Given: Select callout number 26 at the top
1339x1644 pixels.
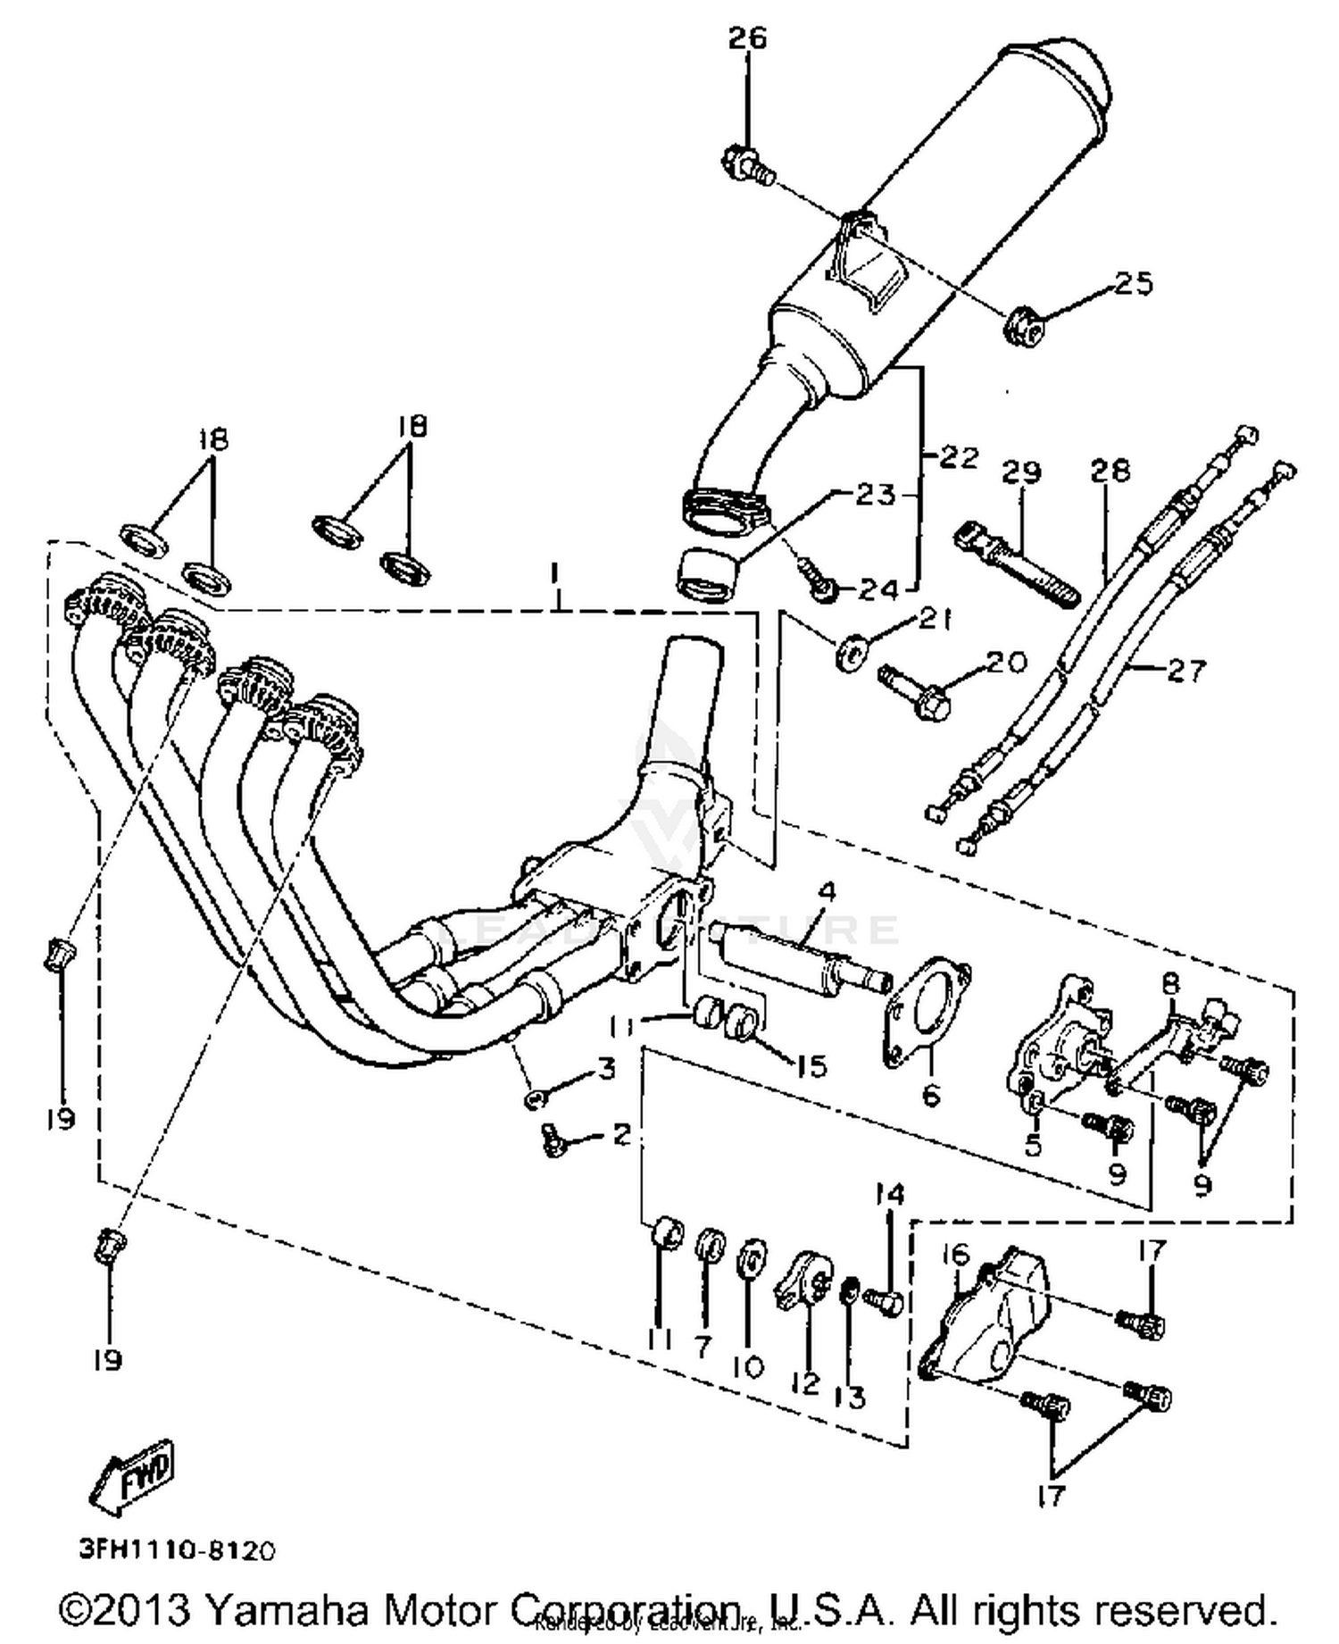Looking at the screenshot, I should pos(747,38).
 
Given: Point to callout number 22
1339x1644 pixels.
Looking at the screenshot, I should pos(959,457).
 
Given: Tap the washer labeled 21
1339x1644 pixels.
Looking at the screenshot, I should pos(849,652).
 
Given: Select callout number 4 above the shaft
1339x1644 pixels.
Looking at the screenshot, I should pos(828,891).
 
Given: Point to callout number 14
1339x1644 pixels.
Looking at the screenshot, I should pos(889,1194).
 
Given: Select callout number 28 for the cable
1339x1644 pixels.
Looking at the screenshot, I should pos(1110,470).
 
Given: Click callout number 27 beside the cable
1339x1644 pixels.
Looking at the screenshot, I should pos(1186,670).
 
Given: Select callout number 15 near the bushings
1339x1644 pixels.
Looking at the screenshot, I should pos(811,1065).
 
